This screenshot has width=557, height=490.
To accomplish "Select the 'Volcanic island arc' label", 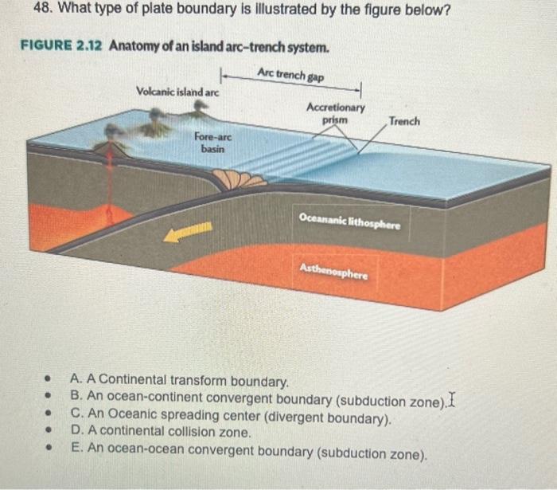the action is click(x=177, y=93).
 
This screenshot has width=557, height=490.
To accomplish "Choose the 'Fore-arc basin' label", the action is click(x=212, y=143).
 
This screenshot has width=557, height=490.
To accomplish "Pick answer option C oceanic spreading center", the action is click(x=232, y=415).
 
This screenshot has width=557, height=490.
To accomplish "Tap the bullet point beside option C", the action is click(x=49, y=415).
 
